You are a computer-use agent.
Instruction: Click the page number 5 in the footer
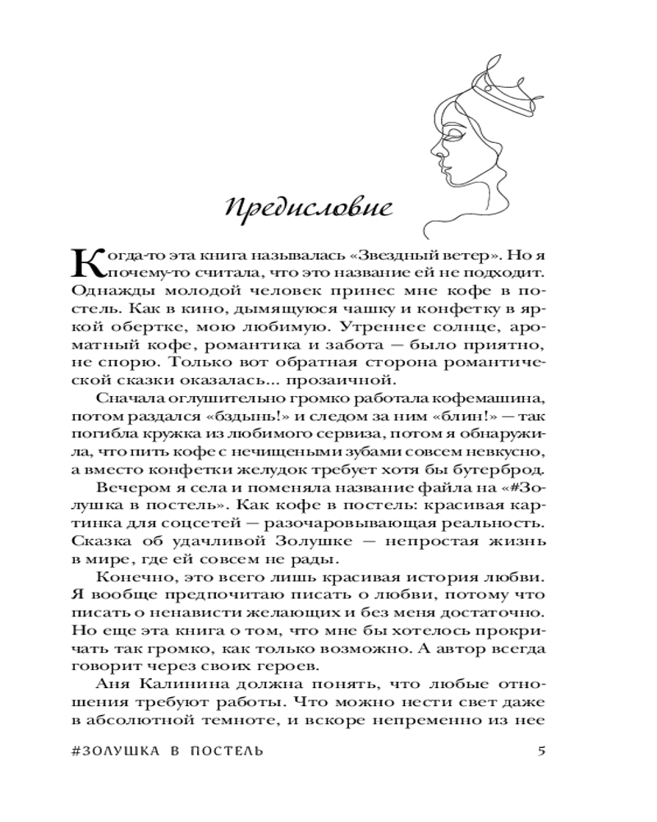click(540, 750)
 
